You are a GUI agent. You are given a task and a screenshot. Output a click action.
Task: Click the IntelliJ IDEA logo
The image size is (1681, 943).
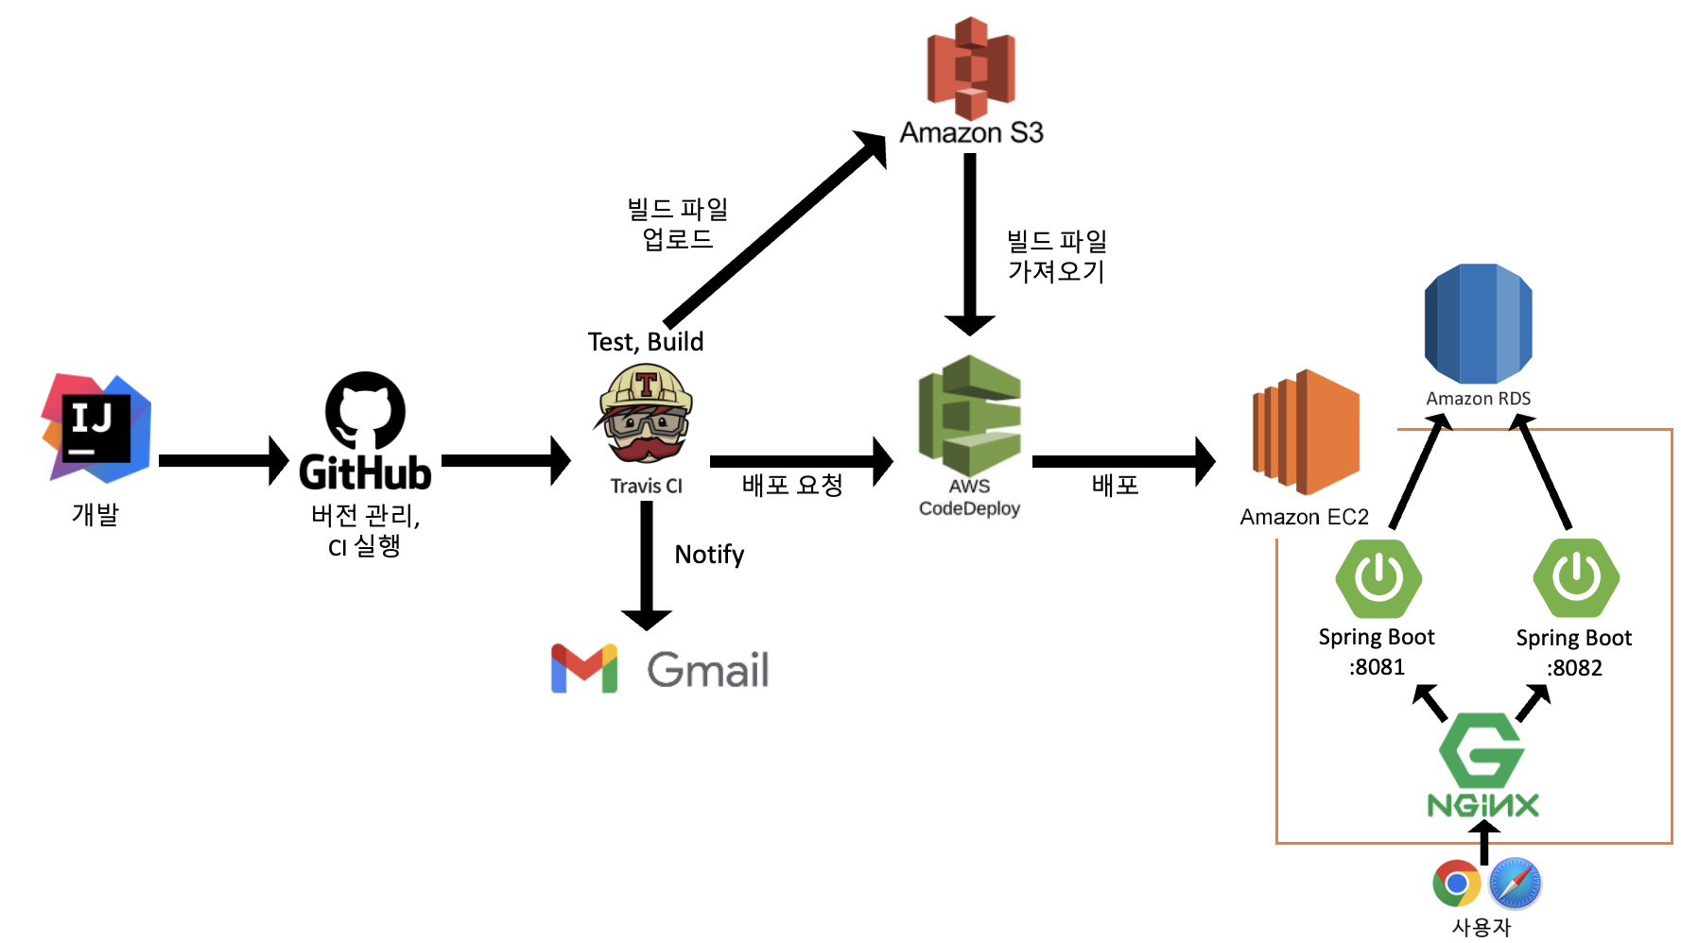[95, 428]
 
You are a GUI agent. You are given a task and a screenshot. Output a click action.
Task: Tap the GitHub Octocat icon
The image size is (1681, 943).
[365, 410]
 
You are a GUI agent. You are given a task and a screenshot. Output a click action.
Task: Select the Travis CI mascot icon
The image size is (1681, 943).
[646, 413]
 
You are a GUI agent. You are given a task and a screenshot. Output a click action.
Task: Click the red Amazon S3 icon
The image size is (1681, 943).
[971, 67]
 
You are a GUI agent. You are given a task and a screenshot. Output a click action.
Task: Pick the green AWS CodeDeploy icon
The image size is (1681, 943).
[970, 415]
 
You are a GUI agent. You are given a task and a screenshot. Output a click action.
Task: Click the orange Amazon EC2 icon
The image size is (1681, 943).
[1306, 432]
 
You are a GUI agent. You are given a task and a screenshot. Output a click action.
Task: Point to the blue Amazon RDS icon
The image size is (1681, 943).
[1478, 324]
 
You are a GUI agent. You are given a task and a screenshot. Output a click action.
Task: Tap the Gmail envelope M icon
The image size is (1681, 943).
[584, 669]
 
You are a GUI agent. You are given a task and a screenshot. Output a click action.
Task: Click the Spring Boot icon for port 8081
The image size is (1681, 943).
[1378, 578]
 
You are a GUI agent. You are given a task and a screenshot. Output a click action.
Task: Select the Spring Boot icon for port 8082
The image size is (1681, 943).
[1576, 578]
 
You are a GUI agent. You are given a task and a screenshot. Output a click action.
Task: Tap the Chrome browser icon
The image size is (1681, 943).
[1457, 884]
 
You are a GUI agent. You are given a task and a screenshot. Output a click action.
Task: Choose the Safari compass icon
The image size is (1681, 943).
[1515, 884]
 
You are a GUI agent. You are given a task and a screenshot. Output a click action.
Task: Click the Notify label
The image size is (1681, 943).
[709, 555]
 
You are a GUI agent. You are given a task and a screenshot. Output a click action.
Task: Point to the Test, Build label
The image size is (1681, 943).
[646, 341]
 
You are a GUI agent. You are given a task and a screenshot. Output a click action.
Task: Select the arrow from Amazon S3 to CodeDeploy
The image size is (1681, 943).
[970, 244]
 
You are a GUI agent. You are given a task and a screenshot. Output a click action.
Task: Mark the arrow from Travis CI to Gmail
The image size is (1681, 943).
[647, 565]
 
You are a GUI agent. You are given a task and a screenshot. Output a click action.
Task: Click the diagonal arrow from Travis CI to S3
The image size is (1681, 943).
[775, 229]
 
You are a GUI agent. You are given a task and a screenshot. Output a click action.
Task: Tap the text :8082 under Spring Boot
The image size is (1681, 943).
[1574, 668]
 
